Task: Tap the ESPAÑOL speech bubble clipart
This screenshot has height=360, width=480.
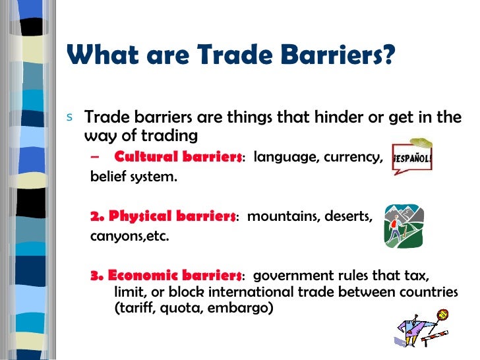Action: pyautogui.click(x=412, y=159)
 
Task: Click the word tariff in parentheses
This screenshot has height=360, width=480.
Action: pyautogui.click(x=133, y=307)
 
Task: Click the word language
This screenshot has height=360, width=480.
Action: pyautogui.click(x=286, y=158)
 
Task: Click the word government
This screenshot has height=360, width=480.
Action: pyautogui.click(x=290, y=275)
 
